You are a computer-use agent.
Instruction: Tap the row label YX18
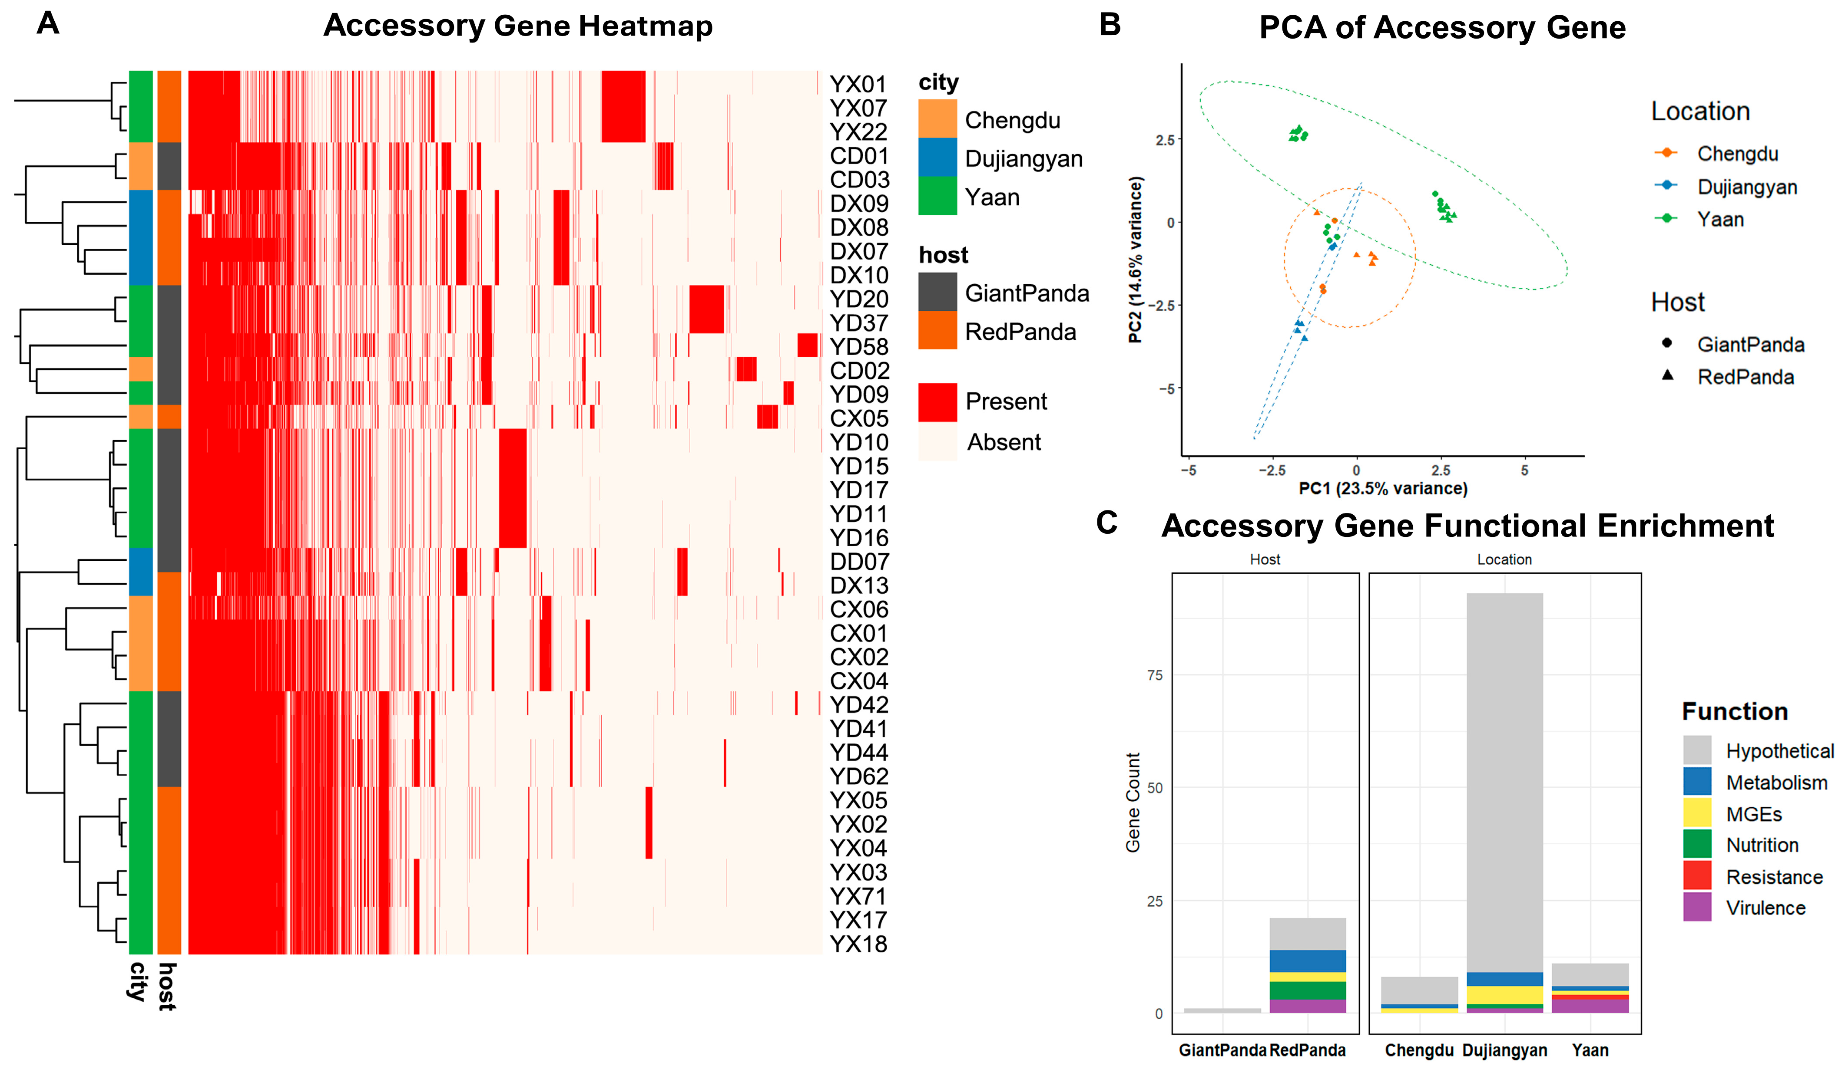click(858, 944)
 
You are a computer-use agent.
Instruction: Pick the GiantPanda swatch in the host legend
click(937, 292)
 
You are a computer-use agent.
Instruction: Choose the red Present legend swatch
click(937, 402)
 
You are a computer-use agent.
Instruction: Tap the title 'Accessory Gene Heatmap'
click(518, 26)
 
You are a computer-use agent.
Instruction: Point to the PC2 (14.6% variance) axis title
click(1135, 260)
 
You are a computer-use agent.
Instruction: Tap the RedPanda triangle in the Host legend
click(1667, 375)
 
